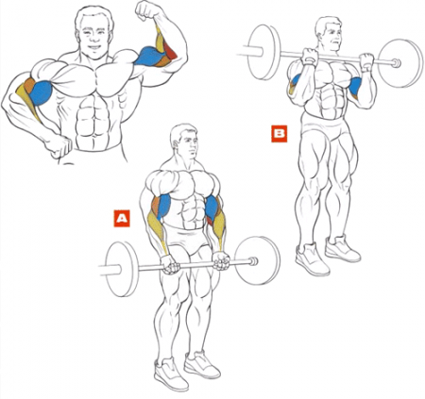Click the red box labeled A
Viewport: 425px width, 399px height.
pos(122,219)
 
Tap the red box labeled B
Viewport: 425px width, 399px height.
pos(280,134)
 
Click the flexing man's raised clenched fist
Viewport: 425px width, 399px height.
pos(147,10)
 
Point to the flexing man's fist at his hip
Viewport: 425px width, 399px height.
pos(59,145)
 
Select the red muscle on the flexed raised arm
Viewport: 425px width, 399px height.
pos(170,50)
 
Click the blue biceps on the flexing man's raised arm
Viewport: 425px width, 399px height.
pos(149,56)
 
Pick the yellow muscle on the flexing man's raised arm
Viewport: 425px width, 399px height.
pos(160,40)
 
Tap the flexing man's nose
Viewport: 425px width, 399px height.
pos(94,39)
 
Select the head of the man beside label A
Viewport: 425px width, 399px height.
pos(185,141)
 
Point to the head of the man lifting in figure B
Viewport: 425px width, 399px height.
pos(329,34)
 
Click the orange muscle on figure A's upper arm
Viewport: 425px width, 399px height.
pos(156,206)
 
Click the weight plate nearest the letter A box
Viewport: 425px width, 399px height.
pos(122,270)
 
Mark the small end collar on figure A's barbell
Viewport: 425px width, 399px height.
pos(253,261)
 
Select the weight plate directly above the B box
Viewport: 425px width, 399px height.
pos(263,52)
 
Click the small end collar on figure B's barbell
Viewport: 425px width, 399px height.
pos(396,63)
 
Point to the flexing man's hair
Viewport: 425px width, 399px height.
pos(93,16)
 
